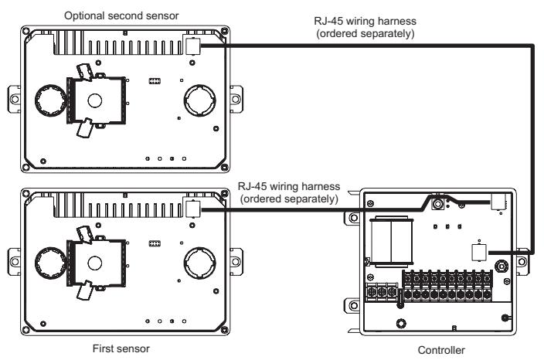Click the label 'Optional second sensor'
pos(121,15)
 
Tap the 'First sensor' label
pos(121,348)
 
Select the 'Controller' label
pos(441,350)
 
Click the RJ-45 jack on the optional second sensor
pos(193,46)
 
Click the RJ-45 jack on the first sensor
pos(193,209)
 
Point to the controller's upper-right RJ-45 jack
pos(498,202)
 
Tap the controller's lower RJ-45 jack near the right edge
pos(479,253)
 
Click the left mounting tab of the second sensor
pos(14,99)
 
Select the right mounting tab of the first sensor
pos(236,262)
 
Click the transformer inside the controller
pos(391,242)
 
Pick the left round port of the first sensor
pos(51,263)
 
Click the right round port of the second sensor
pos(200,100)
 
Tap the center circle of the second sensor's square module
pos(95,101)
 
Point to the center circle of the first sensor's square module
pos(95,263)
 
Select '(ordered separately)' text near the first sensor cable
pos(289,199)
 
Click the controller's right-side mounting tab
pos(523,262)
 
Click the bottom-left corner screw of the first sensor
pos(26,330)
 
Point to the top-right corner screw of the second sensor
pos(224,31)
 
